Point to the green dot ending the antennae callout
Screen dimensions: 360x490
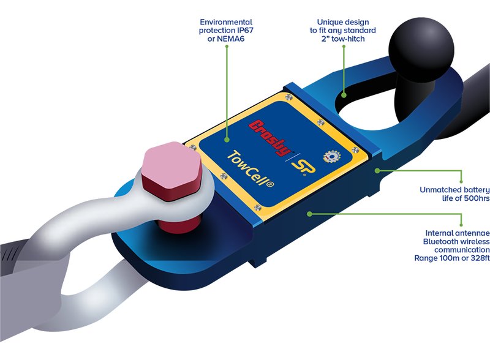coord(311,214)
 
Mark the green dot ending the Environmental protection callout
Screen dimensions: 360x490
coord(227,144)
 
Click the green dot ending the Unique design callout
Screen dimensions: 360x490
coord(344,95)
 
